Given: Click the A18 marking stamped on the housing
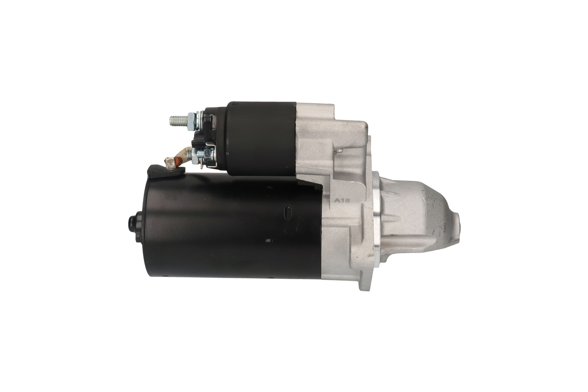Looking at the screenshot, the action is (x=342, y=201).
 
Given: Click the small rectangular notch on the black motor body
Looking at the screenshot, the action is (x=268, y=240).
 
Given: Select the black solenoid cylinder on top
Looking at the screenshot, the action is (x=261, y=139).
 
